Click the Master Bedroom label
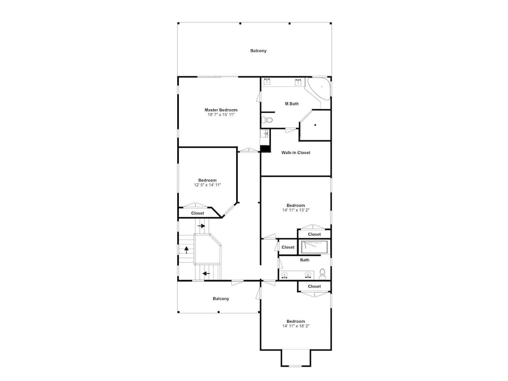(x=220, y=110)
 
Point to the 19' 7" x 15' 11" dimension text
(x=220, y=115)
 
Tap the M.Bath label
(x=292, y=104)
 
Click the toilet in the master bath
(x=268, y=120)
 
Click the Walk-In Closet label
(x=296, y=152)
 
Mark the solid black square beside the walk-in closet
(x=265, y=149)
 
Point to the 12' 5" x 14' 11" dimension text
(x=207, y=185)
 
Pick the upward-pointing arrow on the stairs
(x=186, y=249)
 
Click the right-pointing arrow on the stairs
(x=202, y=226)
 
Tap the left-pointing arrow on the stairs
(x=206, y=274)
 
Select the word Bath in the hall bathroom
(x=304, y=260)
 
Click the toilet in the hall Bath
(x=323, y=274)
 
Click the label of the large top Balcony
(x=258, y=50)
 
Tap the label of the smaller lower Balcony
(x=221, y=299)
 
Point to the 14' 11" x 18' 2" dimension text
(x=296, y=326)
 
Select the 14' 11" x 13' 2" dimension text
(x=296, y=210)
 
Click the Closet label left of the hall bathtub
(x=288, y=247)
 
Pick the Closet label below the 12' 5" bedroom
(x=198, y=213)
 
